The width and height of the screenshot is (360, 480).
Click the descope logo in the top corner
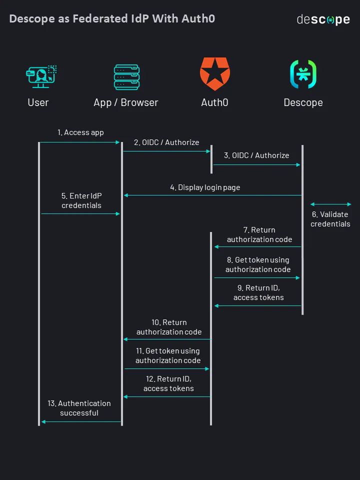point(323,20)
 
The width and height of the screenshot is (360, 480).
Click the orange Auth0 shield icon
point(214,74)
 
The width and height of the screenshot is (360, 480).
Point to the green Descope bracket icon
point(303,74)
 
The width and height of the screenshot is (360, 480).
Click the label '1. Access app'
point(80,132)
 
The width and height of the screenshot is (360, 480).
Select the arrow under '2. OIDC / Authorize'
point(166,151)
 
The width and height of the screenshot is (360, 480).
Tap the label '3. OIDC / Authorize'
point(256,155)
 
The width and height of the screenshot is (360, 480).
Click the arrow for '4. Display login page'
point(212,195)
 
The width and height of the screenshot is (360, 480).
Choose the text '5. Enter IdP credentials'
point(81,200)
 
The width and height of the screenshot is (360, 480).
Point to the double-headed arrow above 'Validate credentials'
point(330,204)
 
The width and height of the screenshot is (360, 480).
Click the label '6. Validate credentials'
point(330,219)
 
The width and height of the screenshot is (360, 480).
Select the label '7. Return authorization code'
point(259,234)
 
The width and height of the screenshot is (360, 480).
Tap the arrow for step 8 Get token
point(257,277)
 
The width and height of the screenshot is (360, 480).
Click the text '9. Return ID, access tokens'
point(258,292)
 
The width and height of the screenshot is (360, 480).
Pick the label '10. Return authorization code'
point(169,327)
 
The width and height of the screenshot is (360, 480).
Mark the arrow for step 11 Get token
point(166,369)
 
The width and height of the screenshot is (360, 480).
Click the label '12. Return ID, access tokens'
point(168,383)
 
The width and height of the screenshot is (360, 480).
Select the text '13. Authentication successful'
point(79,408)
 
